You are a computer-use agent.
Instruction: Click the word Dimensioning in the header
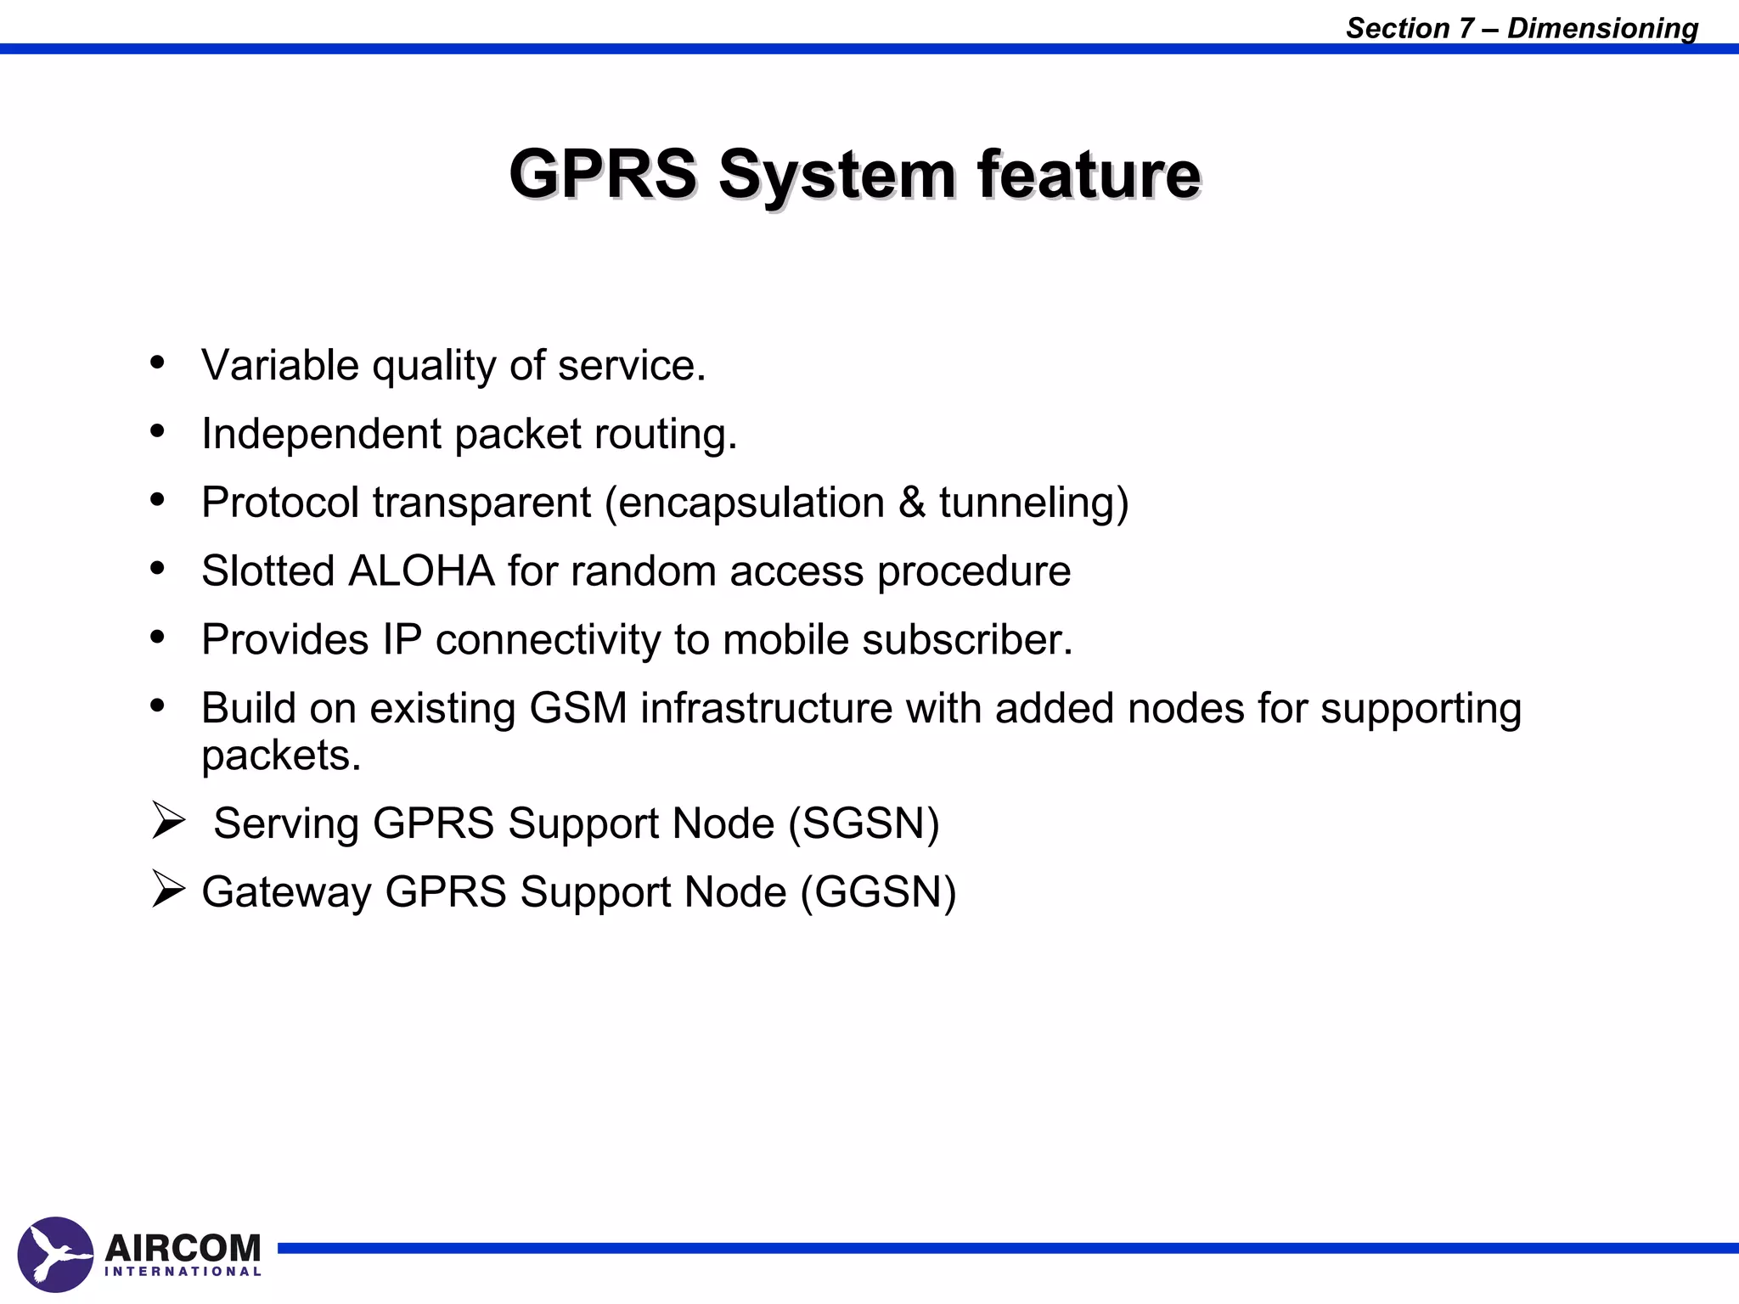(x=1602, y=28)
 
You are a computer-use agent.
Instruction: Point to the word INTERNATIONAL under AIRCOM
(x=183, y=1272)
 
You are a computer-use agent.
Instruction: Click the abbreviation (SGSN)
(x=864, y=823)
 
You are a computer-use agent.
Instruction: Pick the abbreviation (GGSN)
(x=879, y=891)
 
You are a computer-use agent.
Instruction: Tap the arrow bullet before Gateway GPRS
(x=168, y=890)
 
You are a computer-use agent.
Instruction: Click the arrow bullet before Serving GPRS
(x=168, y=821)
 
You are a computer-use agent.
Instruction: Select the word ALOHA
(x=421, y=570)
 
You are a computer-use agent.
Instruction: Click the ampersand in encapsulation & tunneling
(x=911, y=502)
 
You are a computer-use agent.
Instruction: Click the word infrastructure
(x=766, y=708)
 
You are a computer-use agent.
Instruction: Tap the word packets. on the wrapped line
(x=281, y=756)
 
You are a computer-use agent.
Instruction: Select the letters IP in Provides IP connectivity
(x=402, y=639)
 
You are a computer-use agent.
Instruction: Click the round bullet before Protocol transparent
(x=157, y=500)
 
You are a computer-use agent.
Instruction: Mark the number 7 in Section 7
(x=1466, y=28)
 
